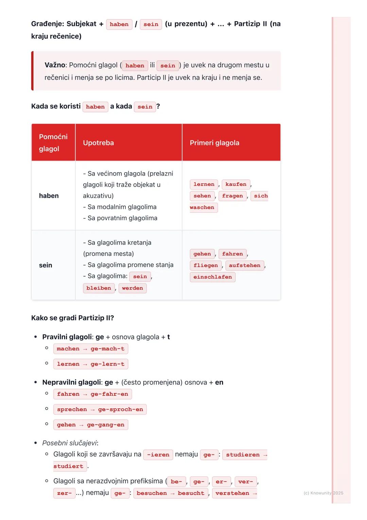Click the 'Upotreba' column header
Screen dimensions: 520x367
click(x=98, y=143)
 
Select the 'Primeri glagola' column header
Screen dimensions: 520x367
click(x=214, y=143)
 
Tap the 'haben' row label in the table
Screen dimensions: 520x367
click(x=49, y=196)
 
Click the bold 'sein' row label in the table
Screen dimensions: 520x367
click(x=46, y=265)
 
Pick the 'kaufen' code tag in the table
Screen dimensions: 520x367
click(x=236, y=184)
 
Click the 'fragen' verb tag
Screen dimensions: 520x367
click(x=232, y=196)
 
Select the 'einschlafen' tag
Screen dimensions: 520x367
click(x=212, y=277)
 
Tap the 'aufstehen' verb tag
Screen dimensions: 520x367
click(x=244, y=265)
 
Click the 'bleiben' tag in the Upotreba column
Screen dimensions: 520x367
click(x=99, y=288)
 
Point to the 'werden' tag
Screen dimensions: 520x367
click(x=133, y=288)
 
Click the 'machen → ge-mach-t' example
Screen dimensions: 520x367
click(x=90, y=349)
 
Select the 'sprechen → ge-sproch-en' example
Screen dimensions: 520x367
click(x=100, y=409)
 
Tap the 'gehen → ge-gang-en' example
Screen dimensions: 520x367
click(x=90, y=425)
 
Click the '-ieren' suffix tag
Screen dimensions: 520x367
click(x=158, y=455)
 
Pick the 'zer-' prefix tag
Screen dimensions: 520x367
click(x=65, y=493)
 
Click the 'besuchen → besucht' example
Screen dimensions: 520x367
click(x=170, y=493)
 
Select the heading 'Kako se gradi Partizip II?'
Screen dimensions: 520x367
click(x=72, y=318)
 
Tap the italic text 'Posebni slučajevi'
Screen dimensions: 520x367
click(x=70, y=443)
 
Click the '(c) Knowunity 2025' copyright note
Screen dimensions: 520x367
click(x=323, y=493)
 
